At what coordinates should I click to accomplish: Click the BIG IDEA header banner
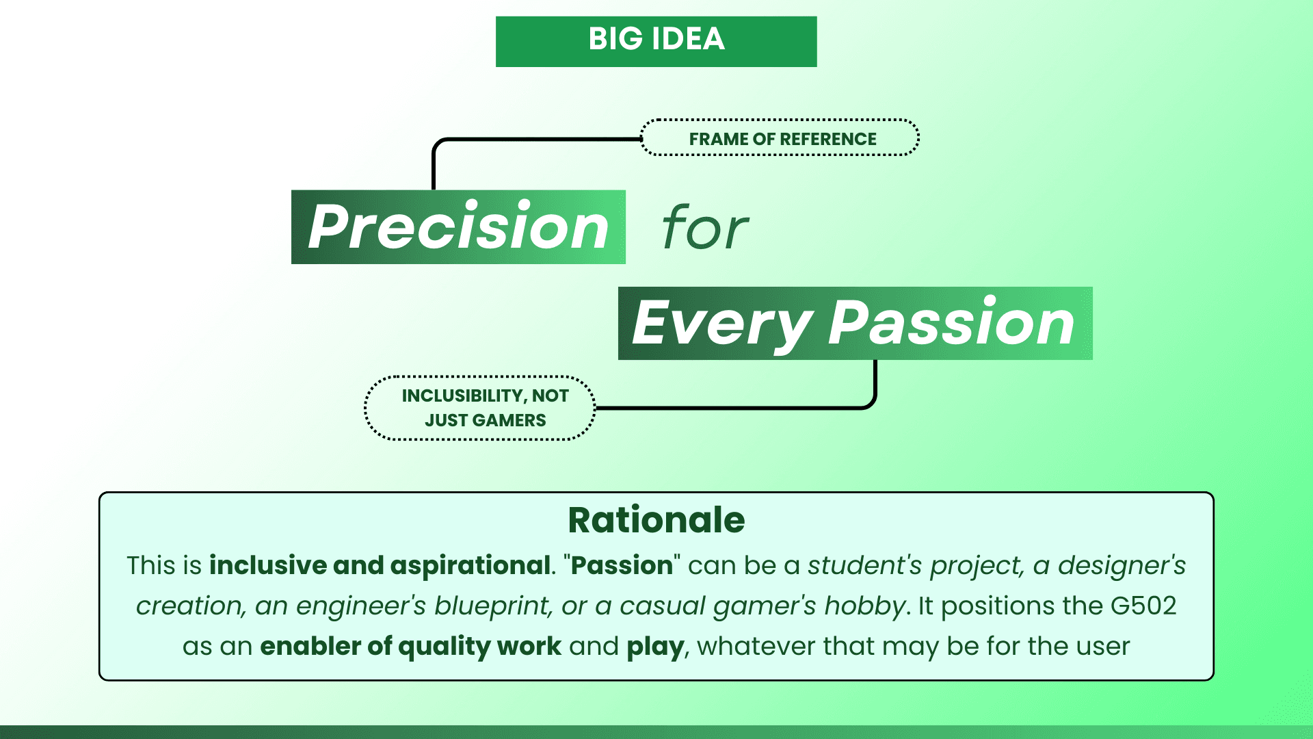tap(656, 41)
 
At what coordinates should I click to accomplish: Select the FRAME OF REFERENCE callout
tap(780, 138)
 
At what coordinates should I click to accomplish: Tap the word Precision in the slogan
tap(458, 227)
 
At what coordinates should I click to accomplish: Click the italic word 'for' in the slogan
tap(704, 229)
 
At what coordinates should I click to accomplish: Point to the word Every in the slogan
tap(721, 324)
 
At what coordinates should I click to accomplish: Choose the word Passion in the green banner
tap(951, 324)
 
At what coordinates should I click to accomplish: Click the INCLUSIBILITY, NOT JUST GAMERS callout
tap(480, 408)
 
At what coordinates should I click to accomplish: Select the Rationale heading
tap(656, 520)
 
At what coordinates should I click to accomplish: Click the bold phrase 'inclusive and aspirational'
tap(380, 566)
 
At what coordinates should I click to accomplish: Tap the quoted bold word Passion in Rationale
tap(622, 566)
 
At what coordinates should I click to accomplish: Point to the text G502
tap(1143, 606)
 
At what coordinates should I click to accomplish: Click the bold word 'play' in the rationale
tap(654, 647)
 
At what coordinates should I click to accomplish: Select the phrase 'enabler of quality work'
tap(410, 647)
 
